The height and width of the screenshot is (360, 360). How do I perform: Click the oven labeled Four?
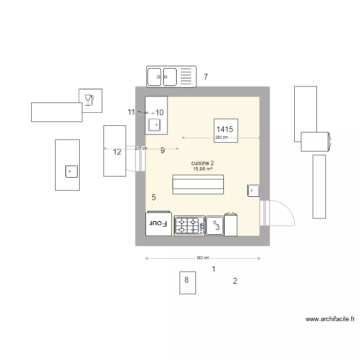pyautogui.click(x=159, y=224)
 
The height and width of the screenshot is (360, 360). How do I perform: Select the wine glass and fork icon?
pyautogui.click(x=90, y=100)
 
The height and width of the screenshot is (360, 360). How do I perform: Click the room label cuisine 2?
pyautogui.click(x=203, y=163)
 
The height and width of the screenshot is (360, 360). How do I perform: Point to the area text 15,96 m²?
pyautogui.click(x=203, y=169)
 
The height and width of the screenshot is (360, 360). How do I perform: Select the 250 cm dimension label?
pyautogui.click(x=221, y=138)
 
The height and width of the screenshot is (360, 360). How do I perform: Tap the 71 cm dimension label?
pyautogui.click(x=143, y=113)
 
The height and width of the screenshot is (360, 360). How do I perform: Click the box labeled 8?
pyautogui.click(x=187, y=283)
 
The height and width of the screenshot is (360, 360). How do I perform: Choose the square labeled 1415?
pyautogui.click(x=225, y=129)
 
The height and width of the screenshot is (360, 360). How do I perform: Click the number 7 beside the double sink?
pyautogui.click(x=205, y=77)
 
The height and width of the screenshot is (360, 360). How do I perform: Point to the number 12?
pyautogui.click(x=117, y=153)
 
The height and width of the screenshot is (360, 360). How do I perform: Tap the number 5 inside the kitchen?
pyautogui.click(x=154, y=197)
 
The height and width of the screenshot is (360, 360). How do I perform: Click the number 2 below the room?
pyautogui.click(x=235, y=281)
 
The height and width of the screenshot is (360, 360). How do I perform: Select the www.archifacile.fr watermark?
pyautogui.click(x=330, y=319)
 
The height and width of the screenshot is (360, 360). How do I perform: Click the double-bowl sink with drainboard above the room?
pyautogui.click(x=171, y=77)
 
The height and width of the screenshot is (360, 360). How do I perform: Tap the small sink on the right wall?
pyautogui.click(x=253, y=191)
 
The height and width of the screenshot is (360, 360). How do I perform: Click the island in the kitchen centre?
pyautogui.click(x=198, y=185)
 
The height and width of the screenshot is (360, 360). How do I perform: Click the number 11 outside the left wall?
pyautogui.click(x=131, y=112)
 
